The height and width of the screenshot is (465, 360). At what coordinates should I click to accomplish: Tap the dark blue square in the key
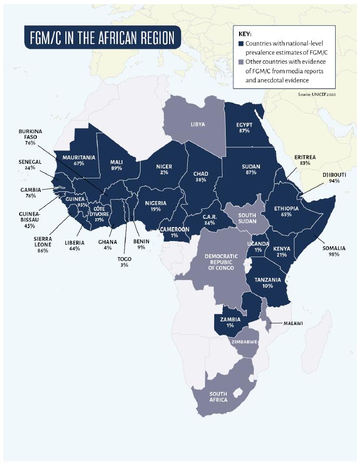point(241,44)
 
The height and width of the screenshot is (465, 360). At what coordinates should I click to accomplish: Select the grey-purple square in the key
point(241,62)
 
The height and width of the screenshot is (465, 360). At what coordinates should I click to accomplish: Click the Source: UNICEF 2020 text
point(317,95)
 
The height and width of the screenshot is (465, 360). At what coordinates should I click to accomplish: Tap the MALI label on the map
point(116,161)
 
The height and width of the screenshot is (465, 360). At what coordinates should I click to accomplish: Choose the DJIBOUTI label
point(334,175)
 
